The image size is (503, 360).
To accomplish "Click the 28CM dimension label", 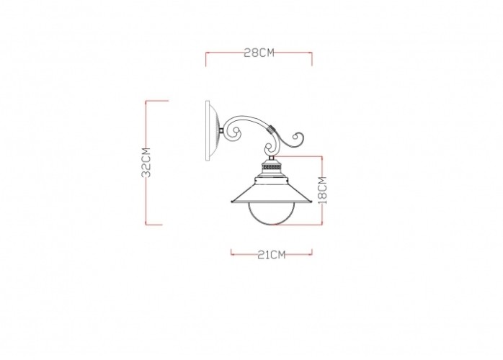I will tap(259, 53).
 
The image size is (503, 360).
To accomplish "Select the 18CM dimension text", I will tap(322, 189).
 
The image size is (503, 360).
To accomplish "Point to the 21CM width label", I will tap(271, 253).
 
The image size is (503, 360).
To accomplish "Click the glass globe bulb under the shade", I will tap(272, 214).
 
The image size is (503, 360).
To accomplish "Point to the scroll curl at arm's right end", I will tap(298, 138).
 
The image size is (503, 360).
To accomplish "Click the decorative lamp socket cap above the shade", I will tap(271, 168).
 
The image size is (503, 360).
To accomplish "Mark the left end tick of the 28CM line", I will tap(206, 58).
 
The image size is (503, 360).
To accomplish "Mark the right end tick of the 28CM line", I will tap(312, 58).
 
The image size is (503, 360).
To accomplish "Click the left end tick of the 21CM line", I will tap(231, 253).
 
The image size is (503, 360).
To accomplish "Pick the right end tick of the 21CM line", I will tap(312, 253).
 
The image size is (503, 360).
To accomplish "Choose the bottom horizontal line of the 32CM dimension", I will tap(155, 224).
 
